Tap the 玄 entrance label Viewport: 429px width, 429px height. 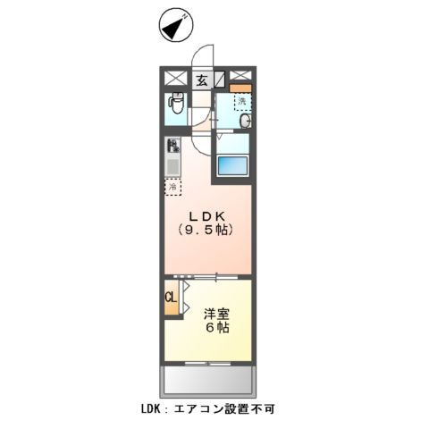[x=202, y=80]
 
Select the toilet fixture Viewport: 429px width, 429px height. [x=174, y=106]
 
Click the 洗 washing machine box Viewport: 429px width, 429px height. [x=242, y=101]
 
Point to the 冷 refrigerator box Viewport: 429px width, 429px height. [x=172, y=188]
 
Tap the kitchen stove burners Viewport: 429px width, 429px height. [x=172, y=147]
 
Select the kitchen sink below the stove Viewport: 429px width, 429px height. [x=172, y=166]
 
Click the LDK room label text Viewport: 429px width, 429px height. [x=206, y=215]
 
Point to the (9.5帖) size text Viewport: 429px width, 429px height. [x=206, y=231]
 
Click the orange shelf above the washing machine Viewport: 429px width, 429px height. [x=237, y=88]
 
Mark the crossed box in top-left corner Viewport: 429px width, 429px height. [x=174, y=78]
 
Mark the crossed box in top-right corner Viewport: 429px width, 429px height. [x=239, y=76]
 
